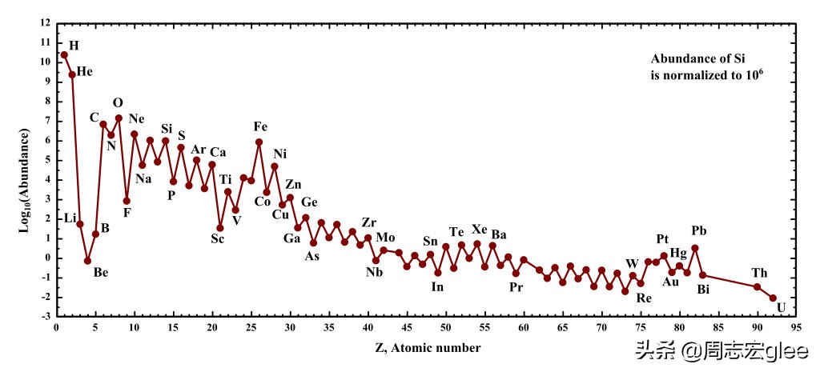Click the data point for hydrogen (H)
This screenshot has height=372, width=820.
click(64, 55)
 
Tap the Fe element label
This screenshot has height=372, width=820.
click(261, 127)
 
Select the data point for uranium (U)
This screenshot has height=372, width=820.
click(773, 298)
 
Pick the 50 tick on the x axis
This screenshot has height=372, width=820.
click(445, 327)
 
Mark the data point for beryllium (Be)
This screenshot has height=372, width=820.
click(88, 261)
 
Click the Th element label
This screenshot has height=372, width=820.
click(759, 273)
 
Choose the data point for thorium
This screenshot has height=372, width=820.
click(758, 287)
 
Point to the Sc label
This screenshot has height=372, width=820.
click(218, 241)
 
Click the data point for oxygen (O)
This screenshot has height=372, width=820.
click(119, 118)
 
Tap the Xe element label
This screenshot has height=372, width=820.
click(480, 230)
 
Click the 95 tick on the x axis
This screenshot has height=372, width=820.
click(796, 327)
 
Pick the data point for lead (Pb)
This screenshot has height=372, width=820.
click(695, 248)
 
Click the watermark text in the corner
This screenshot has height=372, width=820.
click(722, 351)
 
